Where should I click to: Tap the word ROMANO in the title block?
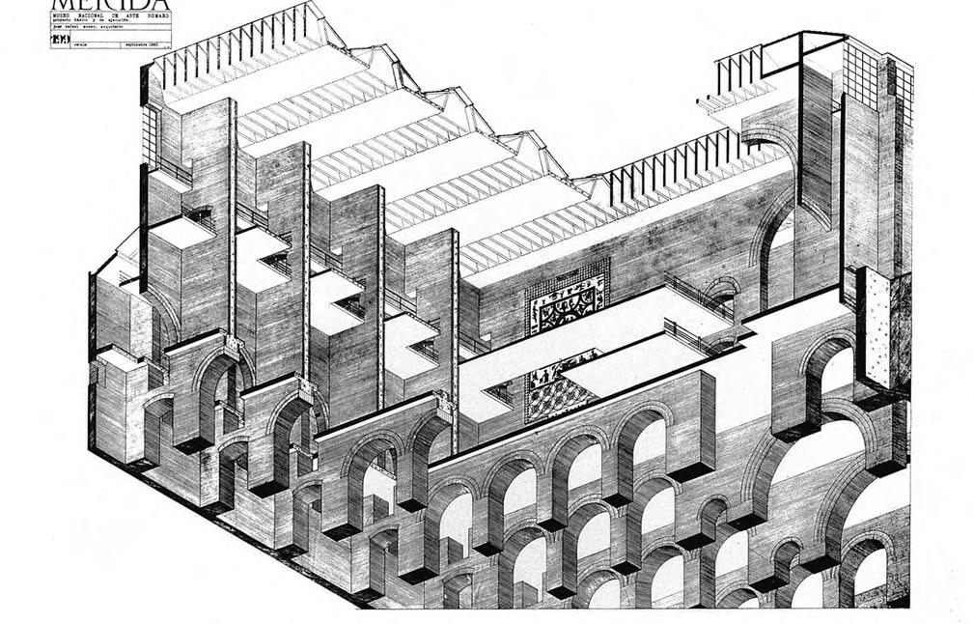click(154, 18)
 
